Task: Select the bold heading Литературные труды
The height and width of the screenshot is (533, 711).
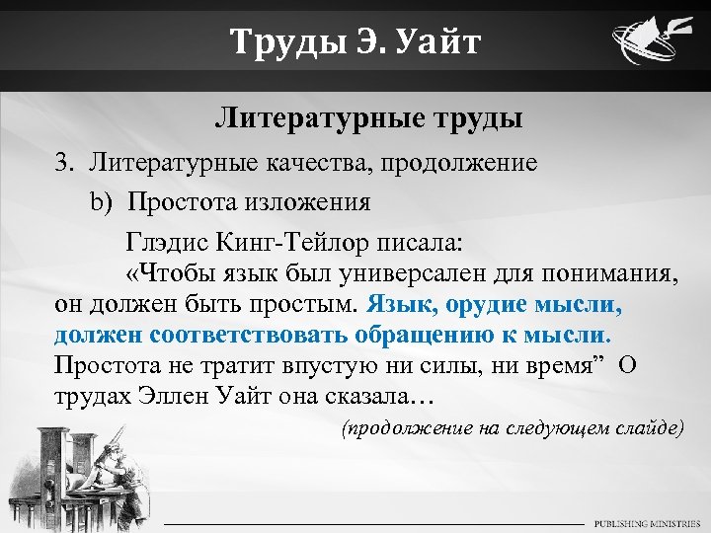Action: coord(368,120)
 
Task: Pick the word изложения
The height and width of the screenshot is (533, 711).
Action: coord(312,203)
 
